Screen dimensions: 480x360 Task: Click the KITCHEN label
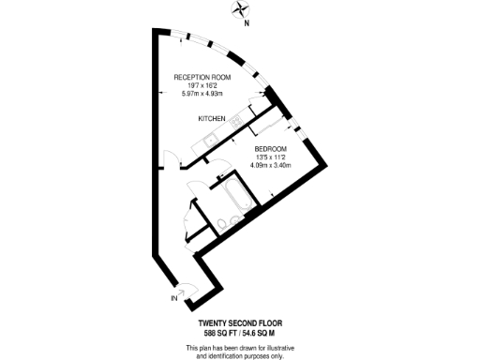(211, 119)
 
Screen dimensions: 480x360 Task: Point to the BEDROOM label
(272, 149)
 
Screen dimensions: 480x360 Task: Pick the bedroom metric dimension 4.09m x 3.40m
(272, 165)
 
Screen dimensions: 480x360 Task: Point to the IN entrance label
(174, 299)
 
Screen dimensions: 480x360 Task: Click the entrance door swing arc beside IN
(187, 291)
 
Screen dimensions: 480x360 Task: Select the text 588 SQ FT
(214, 334)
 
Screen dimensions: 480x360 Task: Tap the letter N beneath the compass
(246, 25)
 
